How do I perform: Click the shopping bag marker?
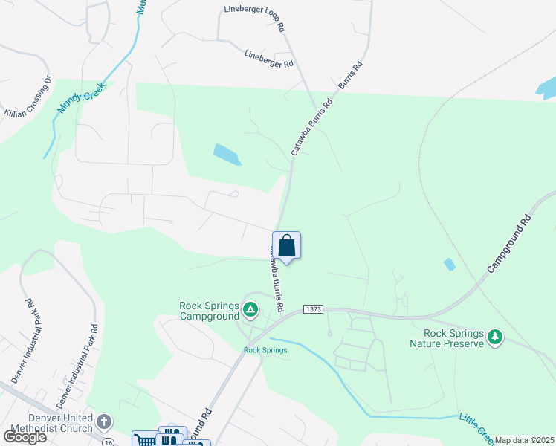pos(286,245)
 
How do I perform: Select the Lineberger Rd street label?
pos(268,59)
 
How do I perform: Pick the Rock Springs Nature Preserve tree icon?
pos(494,339)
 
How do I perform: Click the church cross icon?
pos(104,421)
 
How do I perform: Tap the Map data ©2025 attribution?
pos(524,440)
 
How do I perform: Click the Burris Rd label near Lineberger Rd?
pos(351,75)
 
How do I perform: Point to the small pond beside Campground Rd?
pos(449,264)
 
